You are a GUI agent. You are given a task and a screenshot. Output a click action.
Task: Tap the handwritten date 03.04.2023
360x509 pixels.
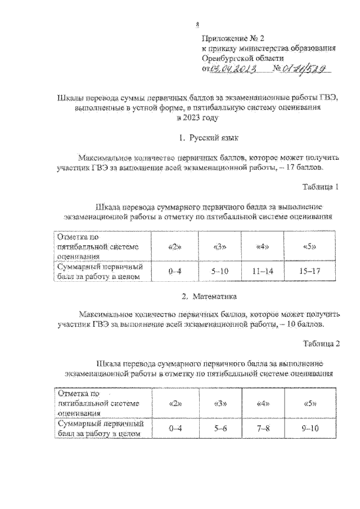(233, 69)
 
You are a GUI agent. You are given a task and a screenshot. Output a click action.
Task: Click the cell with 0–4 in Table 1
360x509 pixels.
(175, 271)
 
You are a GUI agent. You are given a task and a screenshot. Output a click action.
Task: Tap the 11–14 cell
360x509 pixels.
(262, 271)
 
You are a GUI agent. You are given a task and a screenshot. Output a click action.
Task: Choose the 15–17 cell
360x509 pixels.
(309, 271)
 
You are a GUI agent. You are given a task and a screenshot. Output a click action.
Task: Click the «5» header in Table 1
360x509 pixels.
(309, 247)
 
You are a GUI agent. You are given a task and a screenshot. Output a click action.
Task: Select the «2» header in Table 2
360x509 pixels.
(175, 404)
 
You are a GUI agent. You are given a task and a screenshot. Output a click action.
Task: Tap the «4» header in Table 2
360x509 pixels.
(262, 404)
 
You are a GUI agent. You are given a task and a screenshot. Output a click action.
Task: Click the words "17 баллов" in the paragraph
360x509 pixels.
(305, 168)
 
